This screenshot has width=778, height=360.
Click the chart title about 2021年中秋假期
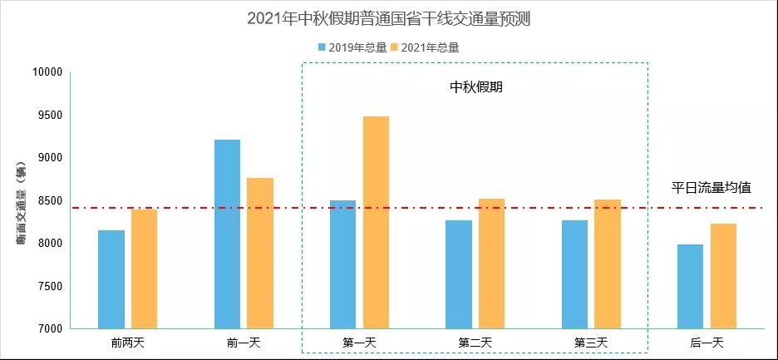pos(388,18)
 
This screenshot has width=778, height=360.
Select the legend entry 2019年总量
pos(352,47)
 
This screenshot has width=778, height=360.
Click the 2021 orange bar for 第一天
pos(376,222)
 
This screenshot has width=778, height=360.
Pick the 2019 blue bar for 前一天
pos(227,234)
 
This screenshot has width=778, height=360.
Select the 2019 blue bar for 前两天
pos(111,279)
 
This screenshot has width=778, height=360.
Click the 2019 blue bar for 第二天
pos(459,274)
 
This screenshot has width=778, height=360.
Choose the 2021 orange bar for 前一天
pos(260,253)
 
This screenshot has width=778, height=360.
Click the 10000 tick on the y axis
pos(47,72)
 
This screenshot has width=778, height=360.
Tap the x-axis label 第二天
pos(475,343)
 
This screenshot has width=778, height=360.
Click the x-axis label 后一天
pos(707,343)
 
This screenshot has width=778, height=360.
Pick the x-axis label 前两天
pos(127,343)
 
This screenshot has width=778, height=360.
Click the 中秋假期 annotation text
pos(476,87)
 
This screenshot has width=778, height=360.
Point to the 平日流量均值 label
pos(712,188)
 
